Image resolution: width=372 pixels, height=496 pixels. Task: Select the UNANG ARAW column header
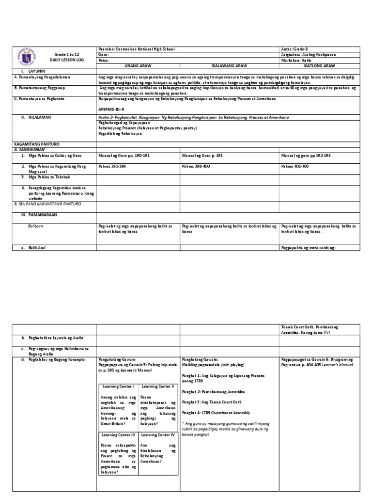(138, 65)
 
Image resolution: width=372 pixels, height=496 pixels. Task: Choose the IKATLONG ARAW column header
(319, 65)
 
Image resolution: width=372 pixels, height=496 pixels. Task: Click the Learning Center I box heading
(118, 386)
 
